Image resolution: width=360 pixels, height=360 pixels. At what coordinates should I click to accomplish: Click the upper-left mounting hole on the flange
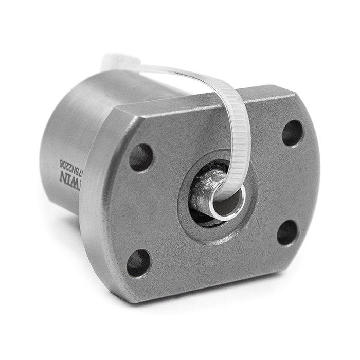(141, 157)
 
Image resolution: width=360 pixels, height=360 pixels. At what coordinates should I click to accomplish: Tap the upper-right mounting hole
(292, 133)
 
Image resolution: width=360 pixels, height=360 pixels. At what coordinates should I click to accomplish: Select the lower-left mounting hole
(139, 262)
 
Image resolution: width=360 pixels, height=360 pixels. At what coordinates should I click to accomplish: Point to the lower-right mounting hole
(287, 232)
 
